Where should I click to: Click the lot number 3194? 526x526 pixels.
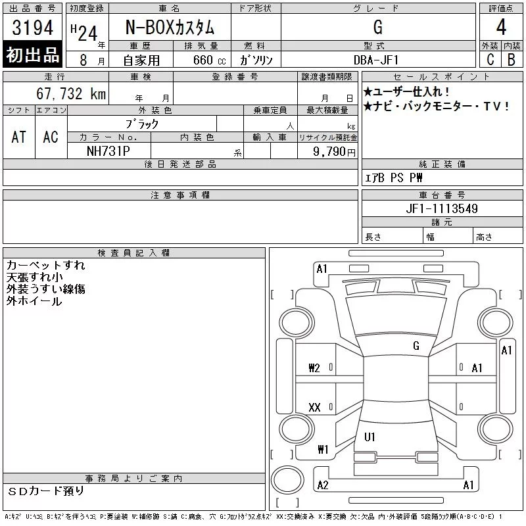[32, 27]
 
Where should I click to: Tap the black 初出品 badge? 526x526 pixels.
[32, 54]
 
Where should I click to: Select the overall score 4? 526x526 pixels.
[501, 27]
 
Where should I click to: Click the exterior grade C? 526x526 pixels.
[490, 59]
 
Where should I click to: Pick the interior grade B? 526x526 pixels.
[512, 59]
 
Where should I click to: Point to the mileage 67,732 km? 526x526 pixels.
[71, 93]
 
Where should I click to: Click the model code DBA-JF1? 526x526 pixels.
[376, 60]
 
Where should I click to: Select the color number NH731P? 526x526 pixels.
[108, 151]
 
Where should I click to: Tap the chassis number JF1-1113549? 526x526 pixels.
[442, 208]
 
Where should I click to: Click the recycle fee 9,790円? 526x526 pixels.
[334, 152]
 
